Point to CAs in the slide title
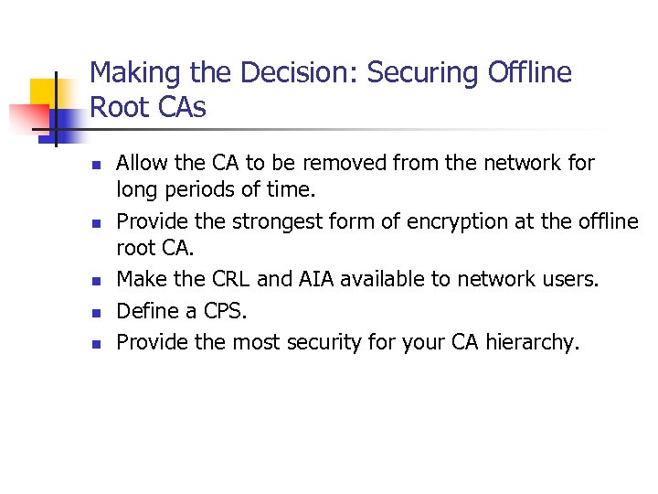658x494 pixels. click(180, 108)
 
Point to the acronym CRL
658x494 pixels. click(231, 279)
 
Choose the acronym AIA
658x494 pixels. click(319, 279)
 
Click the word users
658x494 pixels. click(571, 279)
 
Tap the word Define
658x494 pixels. click(143, 311)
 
